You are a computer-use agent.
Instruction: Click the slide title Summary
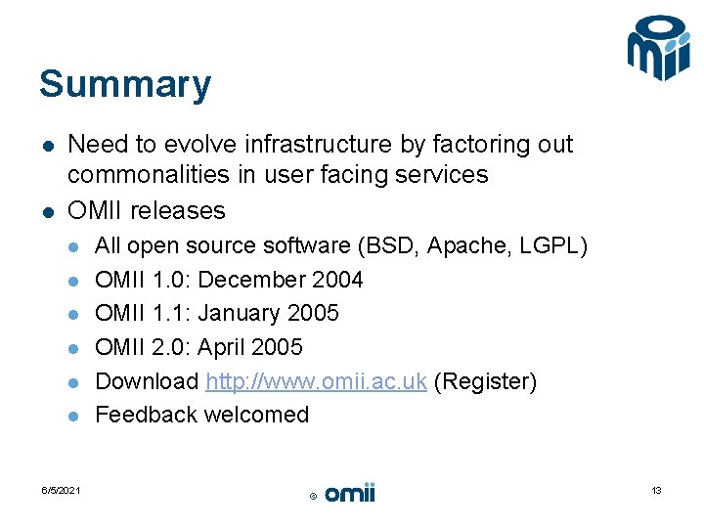pos(124,85)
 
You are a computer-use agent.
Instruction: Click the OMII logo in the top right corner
pos(658,48)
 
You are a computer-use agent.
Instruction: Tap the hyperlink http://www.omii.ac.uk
pos(316,381)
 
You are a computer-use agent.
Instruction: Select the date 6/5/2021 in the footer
pos(61,490)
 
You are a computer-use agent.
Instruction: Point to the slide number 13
pos(656,490)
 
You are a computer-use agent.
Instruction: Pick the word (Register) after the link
pos(485,381)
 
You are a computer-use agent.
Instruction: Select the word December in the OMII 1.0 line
pos(252,280)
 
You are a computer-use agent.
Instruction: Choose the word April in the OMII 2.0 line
pos(224,347)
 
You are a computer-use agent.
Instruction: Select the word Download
pos(147,381)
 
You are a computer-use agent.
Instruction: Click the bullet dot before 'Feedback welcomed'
pos(74,417)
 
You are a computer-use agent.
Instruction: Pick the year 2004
pos(336,280)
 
